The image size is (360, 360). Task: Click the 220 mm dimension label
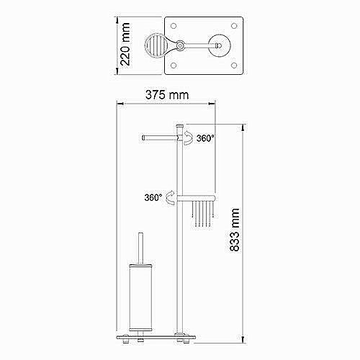point(125,44)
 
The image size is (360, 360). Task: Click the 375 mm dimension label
point(167,95)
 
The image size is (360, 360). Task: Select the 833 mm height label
point(235,230)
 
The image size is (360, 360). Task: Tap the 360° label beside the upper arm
point(205,138)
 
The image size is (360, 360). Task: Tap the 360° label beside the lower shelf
point(153,197)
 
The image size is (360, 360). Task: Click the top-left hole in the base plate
point(174,26)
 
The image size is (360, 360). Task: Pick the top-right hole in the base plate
point(234,26)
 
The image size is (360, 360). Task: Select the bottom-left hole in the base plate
point(174,66)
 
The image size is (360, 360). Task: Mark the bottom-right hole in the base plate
point(234,66)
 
